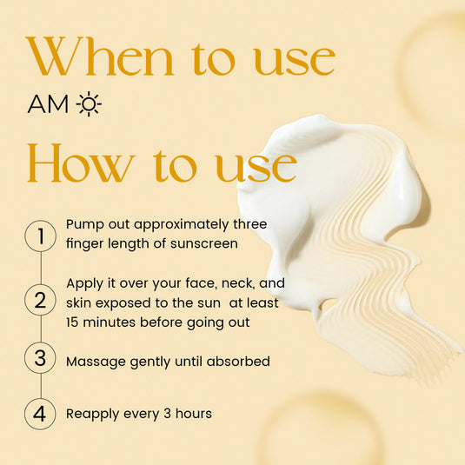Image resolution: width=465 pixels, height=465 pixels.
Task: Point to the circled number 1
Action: click(40, 235)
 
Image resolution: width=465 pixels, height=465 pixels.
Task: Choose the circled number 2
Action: click(40, 302)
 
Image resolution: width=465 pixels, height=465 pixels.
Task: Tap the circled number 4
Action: click(40, 414)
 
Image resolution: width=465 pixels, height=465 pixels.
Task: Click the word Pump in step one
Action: click(84, 225)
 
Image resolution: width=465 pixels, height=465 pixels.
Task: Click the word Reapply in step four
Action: click(95, 414)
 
